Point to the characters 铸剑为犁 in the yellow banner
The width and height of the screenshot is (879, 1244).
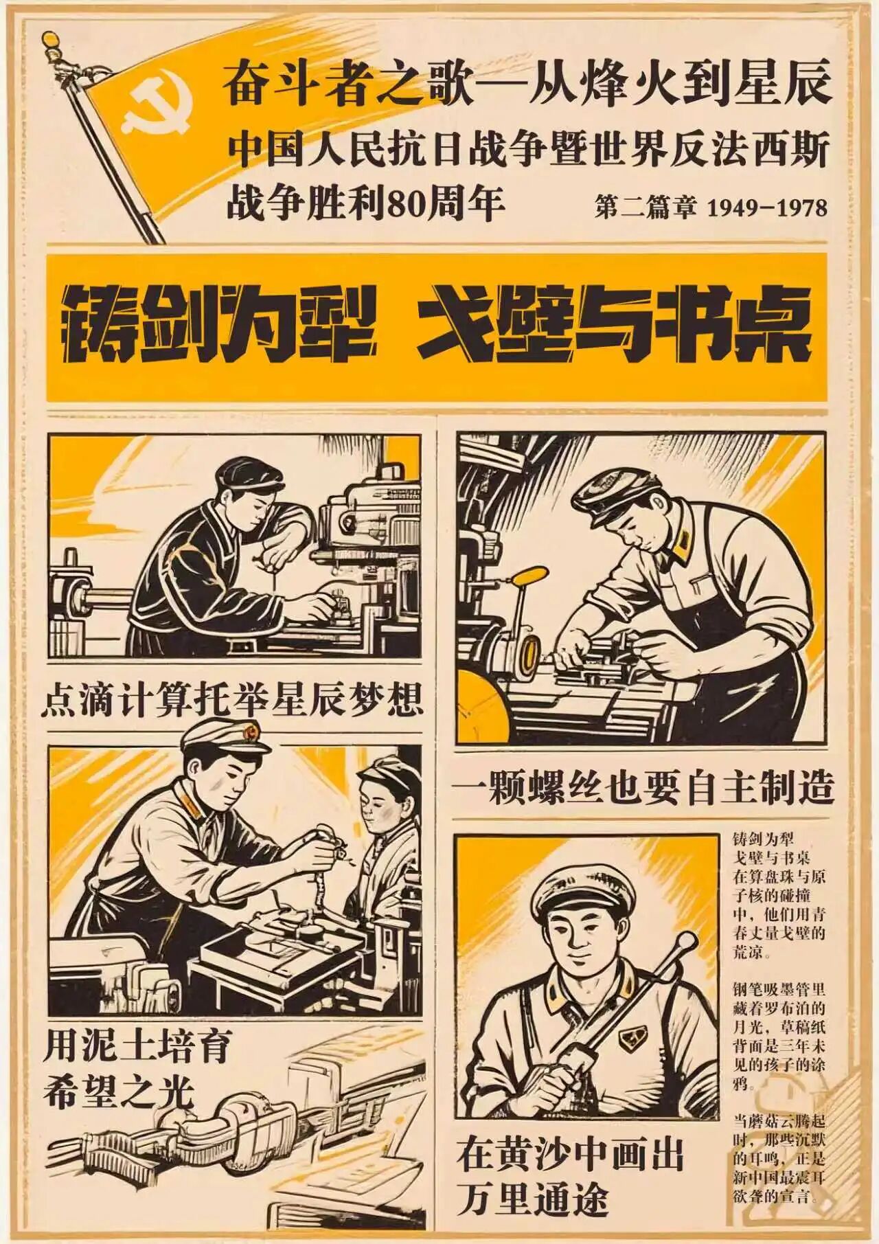tap(220, 326)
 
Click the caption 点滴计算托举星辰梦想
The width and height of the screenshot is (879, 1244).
tap(231, 698)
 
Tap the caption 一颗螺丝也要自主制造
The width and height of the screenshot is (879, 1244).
tap(641, 787)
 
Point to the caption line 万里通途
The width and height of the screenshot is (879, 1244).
tap(534, 1200)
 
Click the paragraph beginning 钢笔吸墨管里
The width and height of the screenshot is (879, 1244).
tap(779, 1037)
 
